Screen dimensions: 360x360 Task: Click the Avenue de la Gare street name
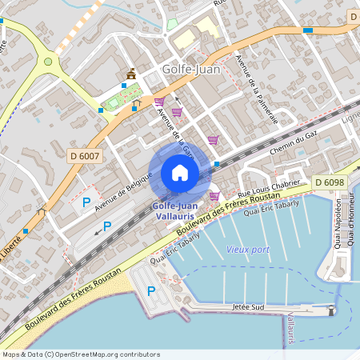(176, 130)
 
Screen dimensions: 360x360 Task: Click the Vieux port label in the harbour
(248, 249)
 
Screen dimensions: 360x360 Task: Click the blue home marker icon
(180, 173)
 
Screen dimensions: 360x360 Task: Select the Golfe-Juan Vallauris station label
(176, 210)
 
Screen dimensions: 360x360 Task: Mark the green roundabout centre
(48, 61)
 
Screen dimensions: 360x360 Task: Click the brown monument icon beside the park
(130, 74)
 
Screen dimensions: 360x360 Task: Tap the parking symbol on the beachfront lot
(150, 290)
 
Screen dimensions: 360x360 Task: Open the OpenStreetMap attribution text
(80, 354)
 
